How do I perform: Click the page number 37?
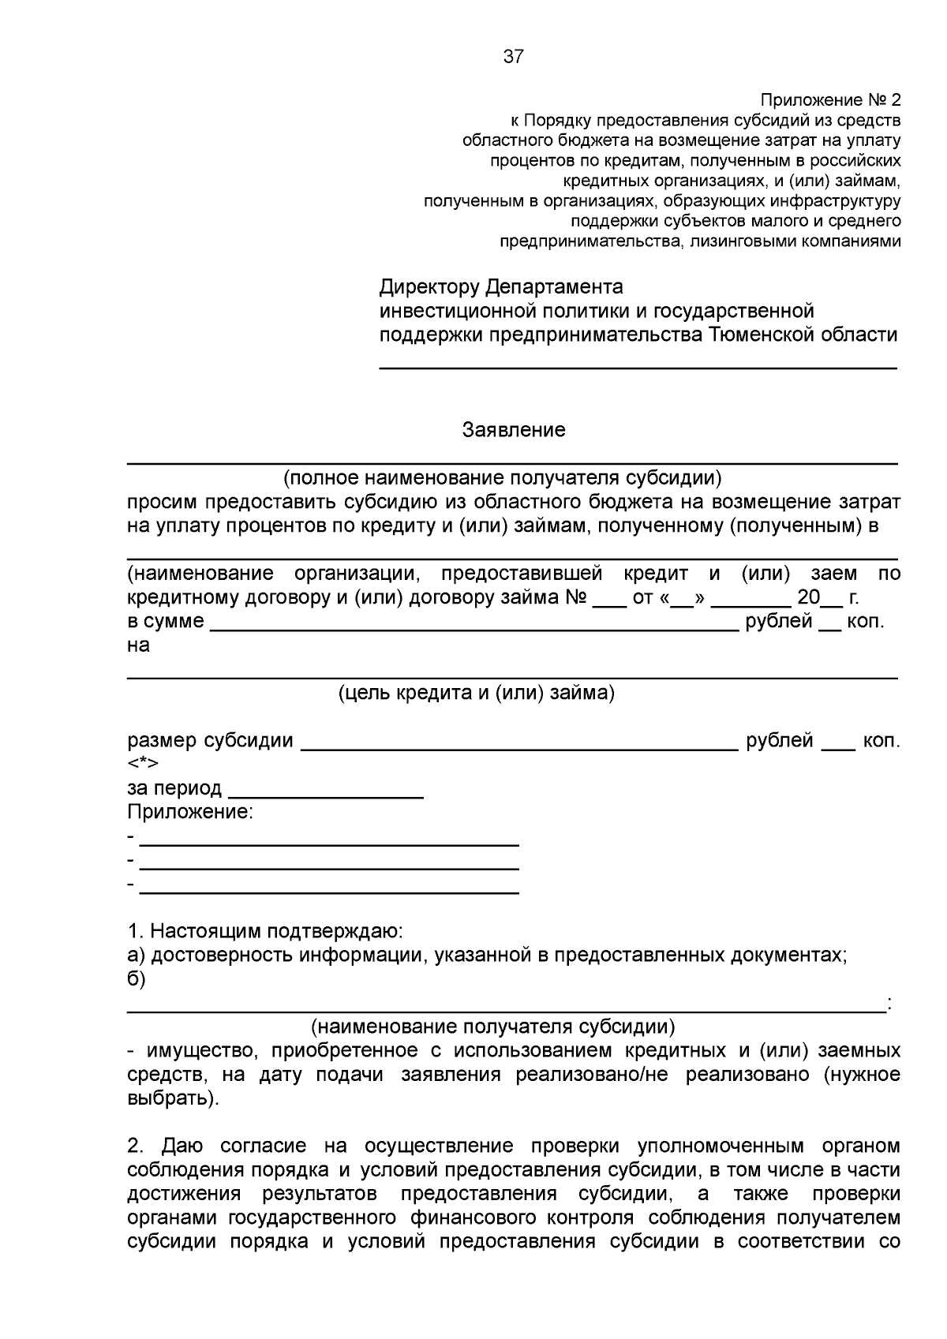click(513, 57)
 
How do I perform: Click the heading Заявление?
click(514, 430)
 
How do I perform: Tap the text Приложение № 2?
click(829, 100)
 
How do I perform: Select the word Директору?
click(429, 286)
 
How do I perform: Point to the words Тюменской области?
click(803, 335)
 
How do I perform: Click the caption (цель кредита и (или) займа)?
click(477, 693)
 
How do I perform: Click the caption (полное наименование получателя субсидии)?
click(503, 477)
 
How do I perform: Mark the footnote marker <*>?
click(143, 763)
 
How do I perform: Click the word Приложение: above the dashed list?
click(190, 812)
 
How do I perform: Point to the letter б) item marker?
click(137, 979)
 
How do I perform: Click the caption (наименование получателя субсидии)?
click(492, 1027)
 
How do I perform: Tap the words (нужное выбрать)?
click(860, 1075)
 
